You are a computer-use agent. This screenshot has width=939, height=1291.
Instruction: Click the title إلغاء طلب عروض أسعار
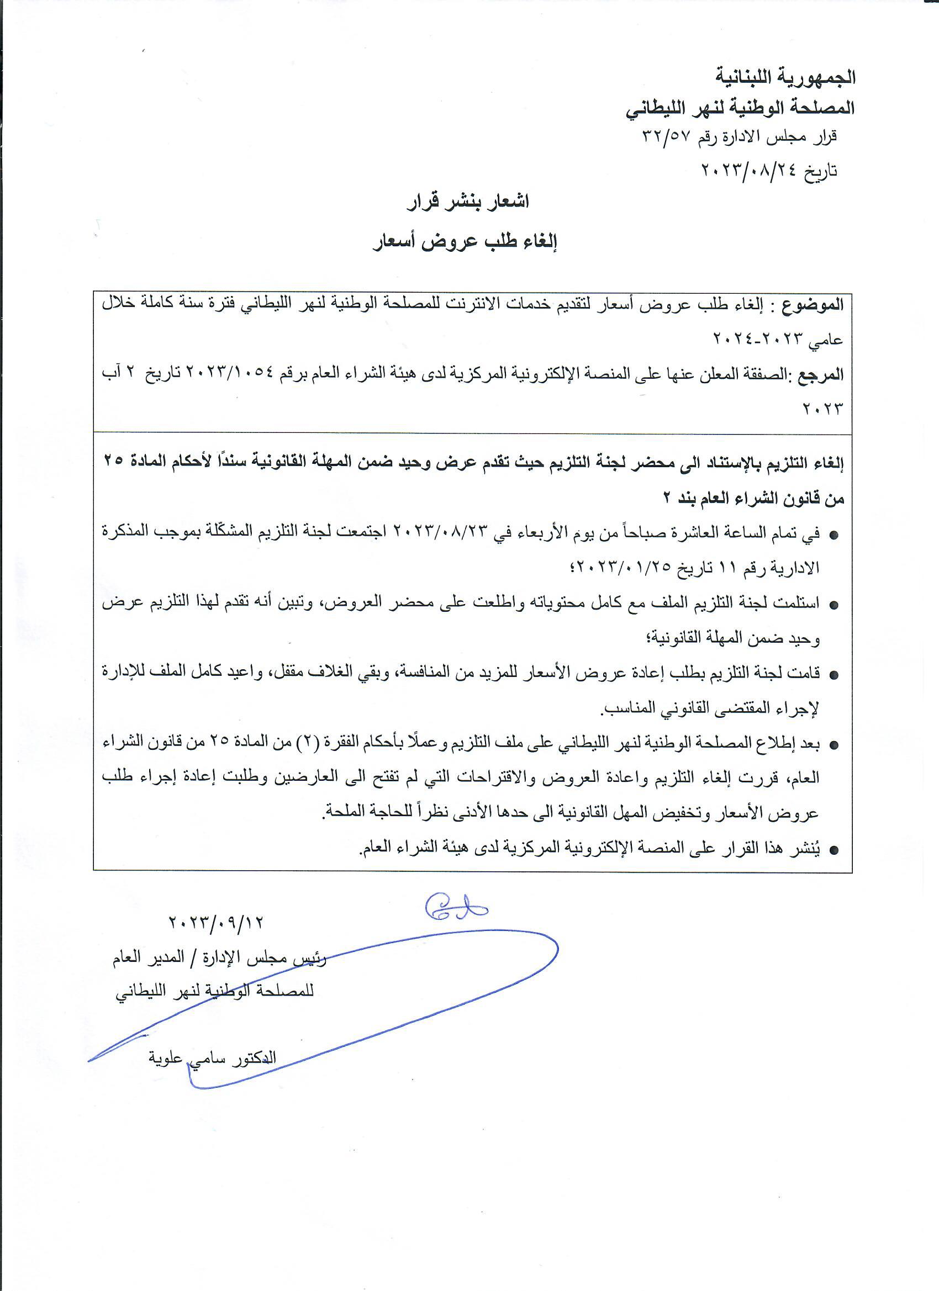click(465, 242)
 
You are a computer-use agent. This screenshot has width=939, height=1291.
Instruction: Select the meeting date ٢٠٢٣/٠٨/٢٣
click(437, 533)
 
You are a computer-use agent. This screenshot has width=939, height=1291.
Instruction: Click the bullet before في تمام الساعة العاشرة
click(834, 536)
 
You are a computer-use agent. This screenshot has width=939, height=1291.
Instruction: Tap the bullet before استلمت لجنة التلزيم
click(834, 606)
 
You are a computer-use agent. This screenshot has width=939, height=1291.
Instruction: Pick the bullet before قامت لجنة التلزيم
click(834, 676)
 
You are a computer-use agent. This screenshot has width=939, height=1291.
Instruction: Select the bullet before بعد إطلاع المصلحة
click(834, 745)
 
